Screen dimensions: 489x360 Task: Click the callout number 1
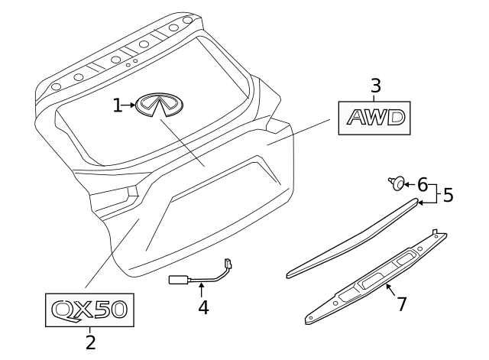click(x=117, y=105)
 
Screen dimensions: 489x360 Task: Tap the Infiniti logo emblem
click(x=159, y=105)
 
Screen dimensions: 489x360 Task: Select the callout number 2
click(x=90, y=342)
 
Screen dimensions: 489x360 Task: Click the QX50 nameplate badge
click(x=90, y=310)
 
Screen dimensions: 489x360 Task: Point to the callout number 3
click(x=376, y=86)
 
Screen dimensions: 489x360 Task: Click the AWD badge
click(x=374, y=118)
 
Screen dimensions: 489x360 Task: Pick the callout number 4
click(x=203, y=307)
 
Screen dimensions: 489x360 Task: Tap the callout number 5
click(x=448, y=195)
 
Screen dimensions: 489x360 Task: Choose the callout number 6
click(x=423, y=185)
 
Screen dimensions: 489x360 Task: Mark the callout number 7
click(x=402, y=304)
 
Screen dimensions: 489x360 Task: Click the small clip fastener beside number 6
click(x=397, y=183)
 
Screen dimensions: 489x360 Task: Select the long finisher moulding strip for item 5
click(x=352, y=238)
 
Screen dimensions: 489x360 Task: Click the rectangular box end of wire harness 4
click(x=178, y=280)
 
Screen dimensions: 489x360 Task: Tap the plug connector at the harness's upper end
click(x=228, y=264)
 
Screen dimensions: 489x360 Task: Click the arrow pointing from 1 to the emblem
click(x=128, y=105)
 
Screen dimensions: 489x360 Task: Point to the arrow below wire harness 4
click(x=202, y=289)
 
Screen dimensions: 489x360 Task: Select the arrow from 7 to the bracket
click(x=390, y=290)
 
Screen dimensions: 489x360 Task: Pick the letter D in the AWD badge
click(x=396, y=118)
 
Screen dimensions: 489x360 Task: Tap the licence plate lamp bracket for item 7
click(x=376, y=277)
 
